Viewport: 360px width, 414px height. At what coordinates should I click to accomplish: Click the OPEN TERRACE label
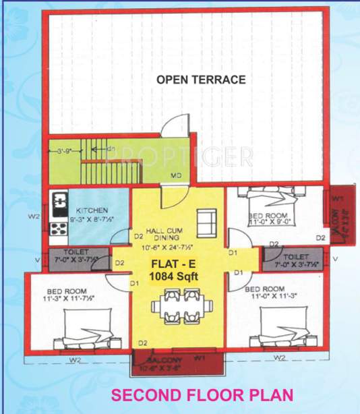[201, 80]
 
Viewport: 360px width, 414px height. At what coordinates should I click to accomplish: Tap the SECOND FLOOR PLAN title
[202, 394]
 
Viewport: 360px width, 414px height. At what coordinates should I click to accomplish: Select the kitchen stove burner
[59, 200]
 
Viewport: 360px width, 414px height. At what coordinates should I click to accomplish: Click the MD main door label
[175, 175]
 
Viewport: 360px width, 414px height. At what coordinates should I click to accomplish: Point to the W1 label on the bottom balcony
[200, 357]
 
